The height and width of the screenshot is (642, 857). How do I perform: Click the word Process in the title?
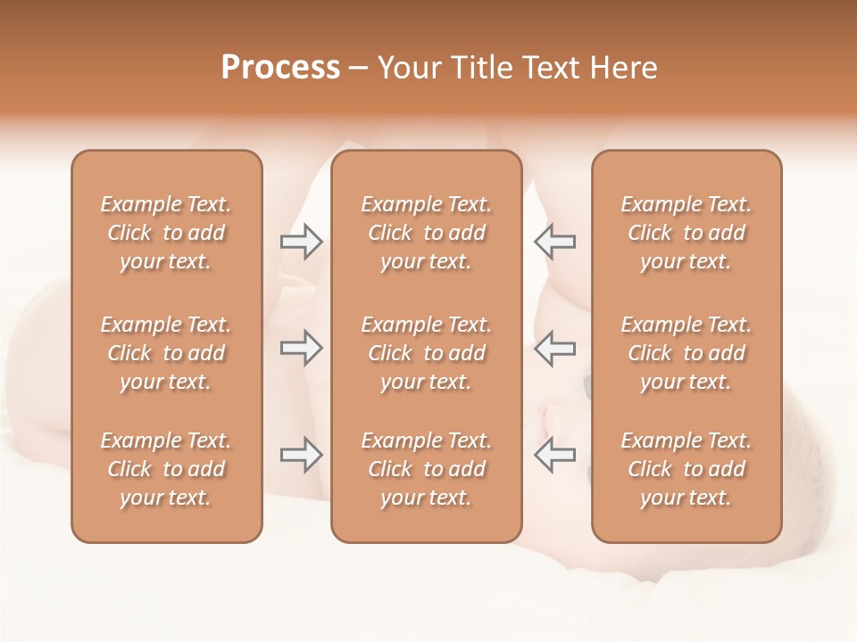click(x=280, y=68)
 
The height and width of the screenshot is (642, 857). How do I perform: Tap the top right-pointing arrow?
click(x=301, y=242)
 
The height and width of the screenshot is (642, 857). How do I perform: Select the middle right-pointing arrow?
click(x=301, y=348)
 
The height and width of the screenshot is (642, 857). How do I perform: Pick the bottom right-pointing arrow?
click(x=301, y=455)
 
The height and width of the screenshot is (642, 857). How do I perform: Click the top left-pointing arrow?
click(x=554, y=242)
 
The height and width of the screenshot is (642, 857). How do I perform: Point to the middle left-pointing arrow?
click(x=554, y=348)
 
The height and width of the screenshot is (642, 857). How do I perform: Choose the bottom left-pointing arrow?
click(x=554, y=455)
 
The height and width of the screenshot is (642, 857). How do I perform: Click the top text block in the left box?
click(x=166, y=233)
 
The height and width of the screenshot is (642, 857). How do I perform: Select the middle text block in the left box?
click(x=166, y=353)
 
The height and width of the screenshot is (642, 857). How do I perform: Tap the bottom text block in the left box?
click(x=166, y=469)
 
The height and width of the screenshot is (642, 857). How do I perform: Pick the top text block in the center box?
click(x=426, y=233)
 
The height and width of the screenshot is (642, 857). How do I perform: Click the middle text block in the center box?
click(x=426, y=353)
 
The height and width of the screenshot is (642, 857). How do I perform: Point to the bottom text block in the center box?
click(x=426, y=469)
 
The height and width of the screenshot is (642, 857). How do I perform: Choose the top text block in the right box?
click(x=686, y=233)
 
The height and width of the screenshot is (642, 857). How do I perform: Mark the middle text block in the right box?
click(x=686, y=353)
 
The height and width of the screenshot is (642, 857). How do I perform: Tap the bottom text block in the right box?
click(x=686, y=469)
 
